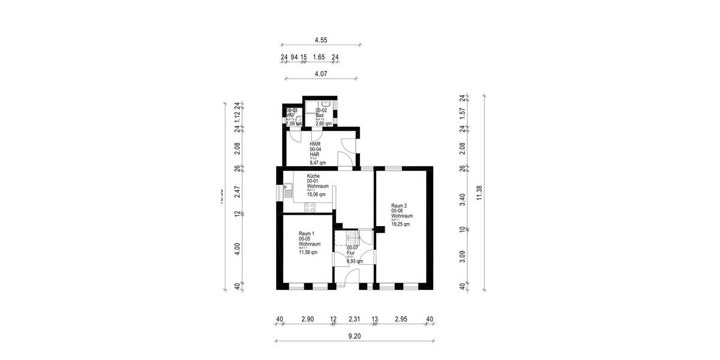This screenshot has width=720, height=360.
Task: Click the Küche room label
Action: pyautogui.click(x=313, y=176)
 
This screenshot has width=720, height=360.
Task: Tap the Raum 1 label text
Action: pyautogui.click(x=307, y=233)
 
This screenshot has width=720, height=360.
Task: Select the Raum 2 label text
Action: pyautogui.click(x=399, y=205)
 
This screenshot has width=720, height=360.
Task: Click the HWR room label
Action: pyautogui.click(x=315, y=145)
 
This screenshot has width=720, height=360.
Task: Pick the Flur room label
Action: pyautogui.click(x=351, y=253)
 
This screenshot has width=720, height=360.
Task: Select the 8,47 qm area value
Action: pyautogui.click(x=318, y=163)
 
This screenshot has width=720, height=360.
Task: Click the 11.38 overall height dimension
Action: pyautogui.click(x=479, y=193)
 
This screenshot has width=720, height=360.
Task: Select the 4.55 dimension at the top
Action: pyautogui.click(x=321, y=40)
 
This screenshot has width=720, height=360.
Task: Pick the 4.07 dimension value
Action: pyautogui.click(x=320, y=74)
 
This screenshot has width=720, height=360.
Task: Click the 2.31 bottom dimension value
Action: pyautogui.click(x=354, y=319)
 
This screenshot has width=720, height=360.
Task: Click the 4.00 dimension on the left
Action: pyautogui.click(x=238, y=248)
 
